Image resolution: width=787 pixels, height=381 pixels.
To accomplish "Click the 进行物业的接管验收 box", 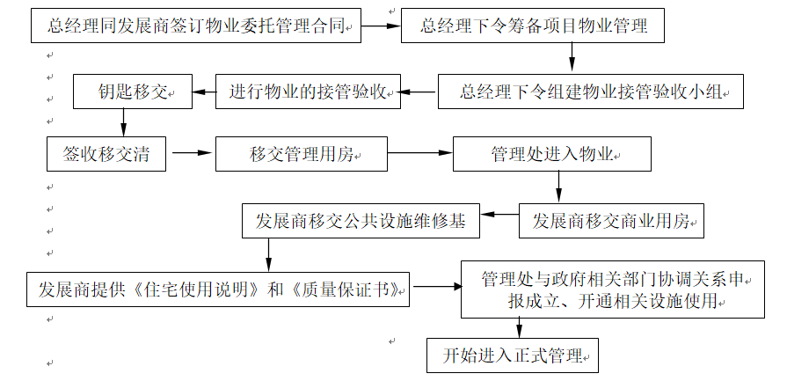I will coord(308,92).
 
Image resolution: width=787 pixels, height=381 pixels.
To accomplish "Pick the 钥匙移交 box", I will coord(133,92).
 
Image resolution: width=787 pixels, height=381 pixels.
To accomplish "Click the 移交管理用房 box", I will coord(301,155).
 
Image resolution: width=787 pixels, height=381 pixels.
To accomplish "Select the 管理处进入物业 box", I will coord(551,155).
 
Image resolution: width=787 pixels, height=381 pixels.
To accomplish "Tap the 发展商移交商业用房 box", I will coord(612,221).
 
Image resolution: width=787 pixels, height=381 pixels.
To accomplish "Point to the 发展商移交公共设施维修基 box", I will coord(361,221).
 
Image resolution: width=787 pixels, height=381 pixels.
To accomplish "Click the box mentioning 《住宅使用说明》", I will coord(219,289).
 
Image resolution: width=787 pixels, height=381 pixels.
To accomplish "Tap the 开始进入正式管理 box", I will coord(513,355).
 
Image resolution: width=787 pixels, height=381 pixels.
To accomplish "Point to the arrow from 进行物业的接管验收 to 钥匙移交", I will coord(204,92).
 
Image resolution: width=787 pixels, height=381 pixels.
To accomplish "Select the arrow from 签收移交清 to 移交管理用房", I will coord(193,155).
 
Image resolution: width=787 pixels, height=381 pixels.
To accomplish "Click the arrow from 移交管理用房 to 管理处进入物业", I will coord(419,155).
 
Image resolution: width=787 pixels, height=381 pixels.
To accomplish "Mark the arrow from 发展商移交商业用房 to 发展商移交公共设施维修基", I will coord(499,214).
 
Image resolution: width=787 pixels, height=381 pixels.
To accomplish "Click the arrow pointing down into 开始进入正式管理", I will coord(519,328).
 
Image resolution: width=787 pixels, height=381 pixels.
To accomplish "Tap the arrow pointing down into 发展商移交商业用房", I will coord(558,187).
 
